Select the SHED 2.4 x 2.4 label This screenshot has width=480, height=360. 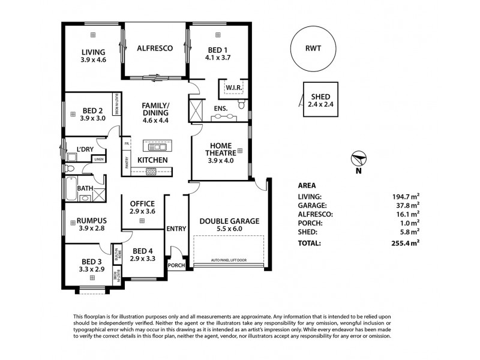(321, 100)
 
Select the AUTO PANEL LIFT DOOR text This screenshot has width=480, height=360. (229, 260)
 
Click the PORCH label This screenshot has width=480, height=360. (176, 265)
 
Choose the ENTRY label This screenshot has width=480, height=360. (176, 228)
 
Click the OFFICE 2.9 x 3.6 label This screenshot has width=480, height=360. (142, 208)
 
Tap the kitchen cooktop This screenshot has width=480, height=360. (151, 172)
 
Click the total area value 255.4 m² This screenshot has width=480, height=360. (408, 243)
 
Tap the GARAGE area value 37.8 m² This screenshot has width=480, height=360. (408, 205)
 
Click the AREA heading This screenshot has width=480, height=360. (307, 185)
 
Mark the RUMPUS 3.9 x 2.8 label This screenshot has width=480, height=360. (92, 224)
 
